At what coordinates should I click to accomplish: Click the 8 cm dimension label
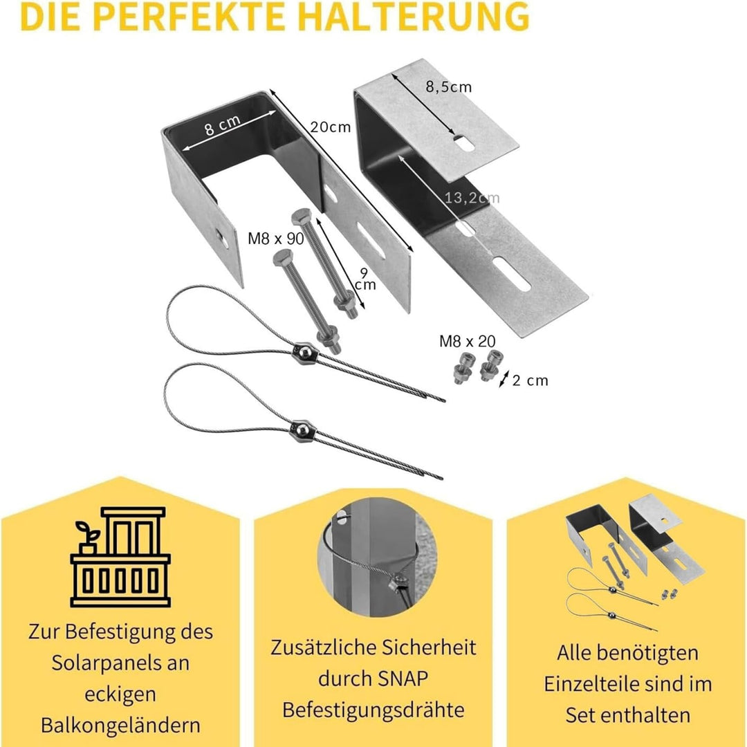click(222, 126)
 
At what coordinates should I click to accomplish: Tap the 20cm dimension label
click(330, 127)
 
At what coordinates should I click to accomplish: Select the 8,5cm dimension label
click(448, 86)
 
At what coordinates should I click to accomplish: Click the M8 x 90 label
click(275, 239)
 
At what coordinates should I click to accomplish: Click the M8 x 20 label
click(467, 341)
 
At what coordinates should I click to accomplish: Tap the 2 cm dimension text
click(530, 380)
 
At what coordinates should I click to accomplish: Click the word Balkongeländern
click(120, 725)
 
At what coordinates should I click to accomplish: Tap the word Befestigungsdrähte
click(373, 710)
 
